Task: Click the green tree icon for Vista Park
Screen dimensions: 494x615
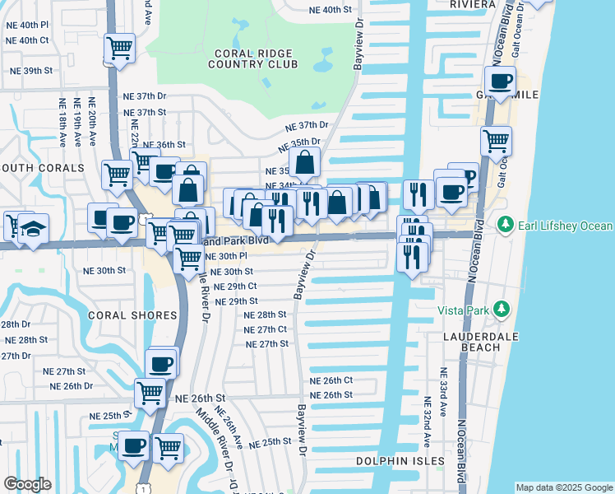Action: coord(499,310)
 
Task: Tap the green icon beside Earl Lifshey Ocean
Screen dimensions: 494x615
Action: coord(504,225)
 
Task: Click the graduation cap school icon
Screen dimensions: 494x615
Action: coord(33,228)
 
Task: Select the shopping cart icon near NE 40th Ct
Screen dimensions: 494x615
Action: coord(120,49)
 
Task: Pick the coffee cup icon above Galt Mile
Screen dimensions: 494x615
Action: coord(500,81)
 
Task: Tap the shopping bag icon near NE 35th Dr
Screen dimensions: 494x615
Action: coord(304,164)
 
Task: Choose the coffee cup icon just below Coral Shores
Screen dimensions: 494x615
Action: coord(160,363)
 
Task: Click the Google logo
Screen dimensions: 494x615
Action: coord(27,484)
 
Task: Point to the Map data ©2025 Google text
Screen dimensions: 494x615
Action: coord(564,487)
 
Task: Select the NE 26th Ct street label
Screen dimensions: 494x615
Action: coord(331,380)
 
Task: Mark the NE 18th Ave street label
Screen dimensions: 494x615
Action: coord(62,123)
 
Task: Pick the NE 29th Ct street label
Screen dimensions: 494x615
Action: coord(236,287)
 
